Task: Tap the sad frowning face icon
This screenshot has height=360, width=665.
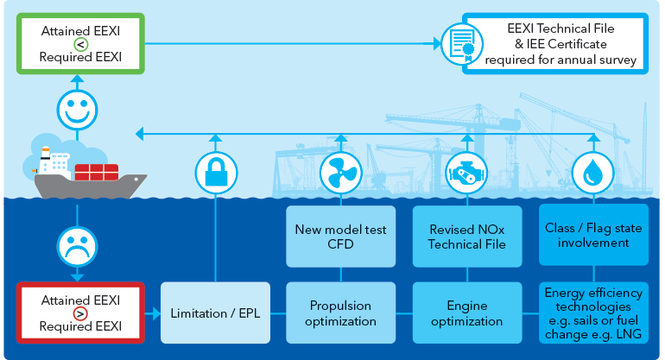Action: (x=78, y=244)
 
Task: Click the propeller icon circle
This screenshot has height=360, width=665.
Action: (x=340, y=173)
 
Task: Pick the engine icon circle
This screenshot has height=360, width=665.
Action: (x=466, y=173)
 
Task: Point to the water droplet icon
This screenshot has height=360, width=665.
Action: (x=591, y=173)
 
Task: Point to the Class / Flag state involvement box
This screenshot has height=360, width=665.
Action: (x=591, y=236)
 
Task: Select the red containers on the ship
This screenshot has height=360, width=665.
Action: (x=95, y=170)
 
